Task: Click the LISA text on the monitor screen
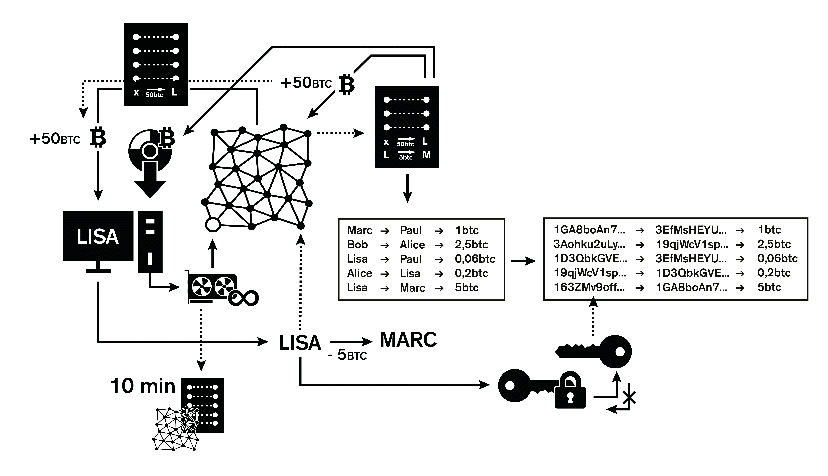tap(98, 236)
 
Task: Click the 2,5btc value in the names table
tap(471, 245)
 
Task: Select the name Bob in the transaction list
tap(357, 245)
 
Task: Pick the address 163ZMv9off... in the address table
tap(589, 287)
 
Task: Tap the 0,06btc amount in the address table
tap(777, 258)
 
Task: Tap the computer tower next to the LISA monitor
tap(150, 242)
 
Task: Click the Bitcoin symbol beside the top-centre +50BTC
tap(346, 84)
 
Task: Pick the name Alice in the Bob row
tap(412, 245)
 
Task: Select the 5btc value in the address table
tap(769, 287)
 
